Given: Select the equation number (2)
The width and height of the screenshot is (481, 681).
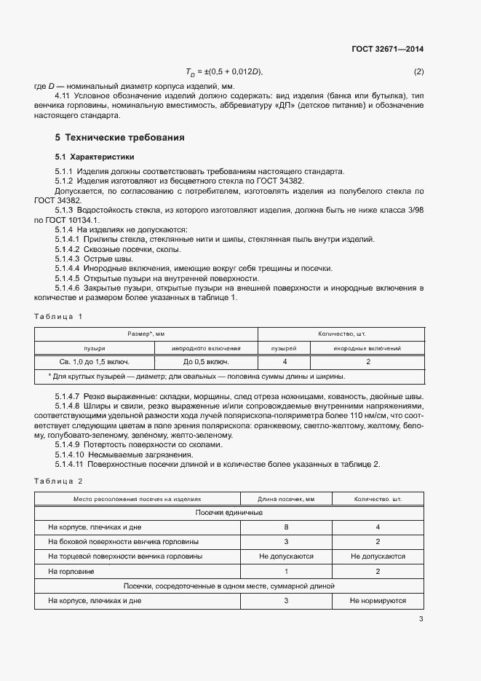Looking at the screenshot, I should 418,71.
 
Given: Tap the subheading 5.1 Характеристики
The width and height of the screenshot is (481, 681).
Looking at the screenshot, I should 95,157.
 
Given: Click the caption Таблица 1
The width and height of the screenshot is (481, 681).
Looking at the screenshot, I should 59,316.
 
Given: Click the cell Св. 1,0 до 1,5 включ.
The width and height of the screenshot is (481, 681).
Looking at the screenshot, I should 95,362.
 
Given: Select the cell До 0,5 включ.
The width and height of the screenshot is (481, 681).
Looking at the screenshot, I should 206,362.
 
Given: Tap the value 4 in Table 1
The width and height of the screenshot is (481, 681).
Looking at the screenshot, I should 284,362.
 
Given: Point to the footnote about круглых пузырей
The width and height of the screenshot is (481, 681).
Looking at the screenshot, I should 196,377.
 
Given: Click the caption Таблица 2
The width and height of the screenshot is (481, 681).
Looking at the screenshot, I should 59,481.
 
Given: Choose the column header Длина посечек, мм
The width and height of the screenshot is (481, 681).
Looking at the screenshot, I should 286,500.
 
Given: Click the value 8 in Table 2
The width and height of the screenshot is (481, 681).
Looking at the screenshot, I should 286,526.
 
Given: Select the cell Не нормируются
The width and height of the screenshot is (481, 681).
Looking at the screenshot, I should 378,602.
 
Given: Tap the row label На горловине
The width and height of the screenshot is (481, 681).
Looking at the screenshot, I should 72,572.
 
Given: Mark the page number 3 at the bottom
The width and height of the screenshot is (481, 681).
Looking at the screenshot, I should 421,620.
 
